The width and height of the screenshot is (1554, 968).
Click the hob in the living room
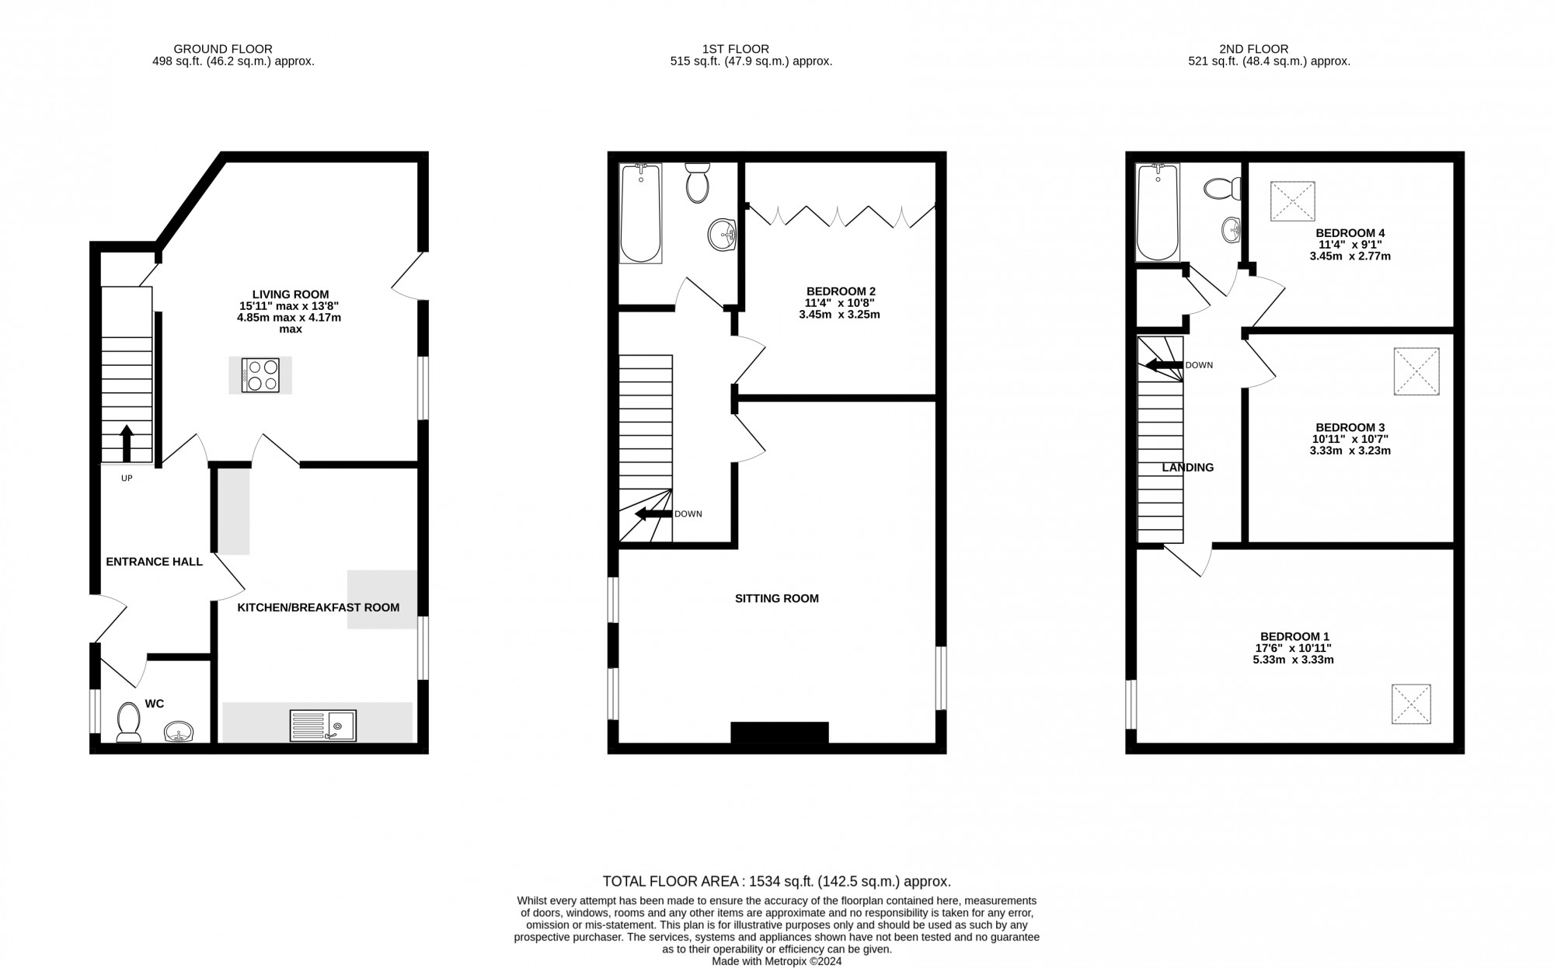[260, 375]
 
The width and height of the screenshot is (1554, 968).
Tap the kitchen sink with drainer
[322, 726]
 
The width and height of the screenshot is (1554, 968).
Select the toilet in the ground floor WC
[127, 723]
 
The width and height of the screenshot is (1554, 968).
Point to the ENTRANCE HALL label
[154, 562]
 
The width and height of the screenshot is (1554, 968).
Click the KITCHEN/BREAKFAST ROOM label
[319, 608]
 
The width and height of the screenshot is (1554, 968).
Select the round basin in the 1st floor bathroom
[723, 233]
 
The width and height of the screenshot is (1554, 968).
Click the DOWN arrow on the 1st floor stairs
[653, 514]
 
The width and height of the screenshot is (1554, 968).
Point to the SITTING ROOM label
[777, 598]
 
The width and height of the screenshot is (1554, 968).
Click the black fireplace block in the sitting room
[779, 733]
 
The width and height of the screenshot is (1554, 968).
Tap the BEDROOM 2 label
[841, 291]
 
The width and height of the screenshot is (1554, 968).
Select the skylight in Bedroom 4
[1292, 201]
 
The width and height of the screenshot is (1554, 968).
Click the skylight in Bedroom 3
[1416, 371]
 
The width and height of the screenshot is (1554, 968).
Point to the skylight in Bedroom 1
[1411, 704]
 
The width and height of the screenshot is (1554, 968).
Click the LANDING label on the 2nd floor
[1187, 468]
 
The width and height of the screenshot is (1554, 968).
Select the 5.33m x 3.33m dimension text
[1293, 660]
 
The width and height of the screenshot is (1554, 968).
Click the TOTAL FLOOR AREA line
[777, 881]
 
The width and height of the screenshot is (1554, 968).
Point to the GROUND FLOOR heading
[223, 49]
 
